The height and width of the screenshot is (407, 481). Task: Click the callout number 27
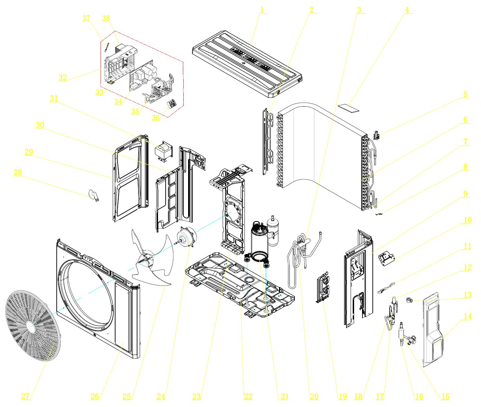[26, 396]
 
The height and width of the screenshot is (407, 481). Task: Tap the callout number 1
[262, 10]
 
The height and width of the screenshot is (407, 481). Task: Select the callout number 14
[468, 316]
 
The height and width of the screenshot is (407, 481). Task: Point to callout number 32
[63, 78]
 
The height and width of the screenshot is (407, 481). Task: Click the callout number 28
[18, 172]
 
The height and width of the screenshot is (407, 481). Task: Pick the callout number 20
[314, 396]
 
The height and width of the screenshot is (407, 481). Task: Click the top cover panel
[247, 62]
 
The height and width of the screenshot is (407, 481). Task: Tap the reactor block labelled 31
[163, 152]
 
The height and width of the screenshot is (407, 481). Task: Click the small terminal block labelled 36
[172, 103]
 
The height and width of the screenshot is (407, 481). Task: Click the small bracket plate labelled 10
[387, 258]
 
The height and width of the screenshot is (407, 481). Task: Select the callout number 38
[106, 18]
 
